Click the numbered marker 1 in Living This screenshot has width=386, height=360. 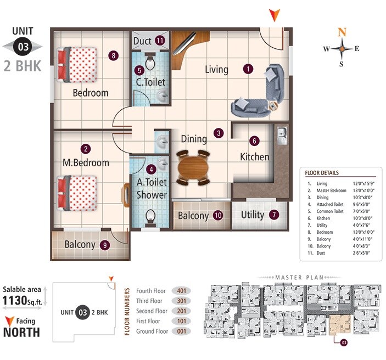(x=249, y=69)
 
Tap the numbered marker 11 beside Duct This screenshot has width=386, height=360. (x=160, y=40)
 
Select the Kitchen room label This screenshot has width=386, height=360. (x=255, y=157)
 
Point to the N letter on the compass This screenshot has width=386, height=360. (x=342, y=32)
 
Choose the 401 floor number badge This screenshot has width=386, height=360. (x=182, y=291)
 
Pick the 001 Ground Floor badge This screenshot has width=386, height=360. (x=182, y=331)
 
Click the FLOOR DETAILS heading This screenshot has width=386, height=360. (x=322, y=173)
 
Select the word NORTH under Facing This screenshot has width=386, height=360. (x=21, y=332)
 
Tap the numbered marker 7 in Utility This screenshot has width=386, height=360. (x=273, y=215)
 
